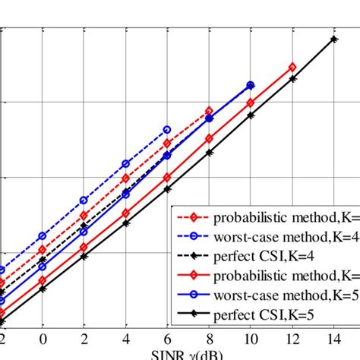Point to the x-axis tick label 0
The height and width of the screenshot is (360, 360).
click(x=43, y=338)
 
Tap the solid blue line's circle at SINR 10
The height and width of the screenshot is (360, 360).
click(x=251, y=85)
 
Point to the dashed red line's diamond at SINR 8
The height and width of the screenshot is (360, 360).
click(x=210, y=111)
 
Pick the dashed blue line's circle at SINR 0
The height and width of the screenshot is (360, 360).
click(x=43, y=236)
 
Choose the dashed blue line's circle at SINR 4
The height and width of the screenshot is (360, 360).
click(x=126, y=164)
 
